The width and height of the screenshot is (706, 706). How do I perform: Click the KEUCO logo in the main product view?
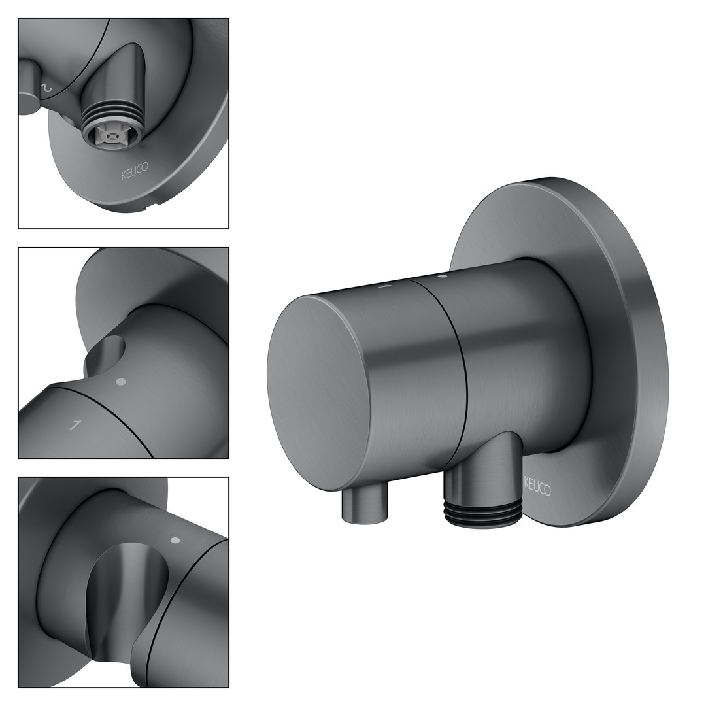[537, 486]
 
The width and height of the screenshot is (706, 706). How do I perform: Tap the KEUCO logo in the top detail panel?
[134, 171]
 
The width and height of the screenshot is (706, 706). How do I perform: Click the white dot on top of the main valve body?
[443, 276]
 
